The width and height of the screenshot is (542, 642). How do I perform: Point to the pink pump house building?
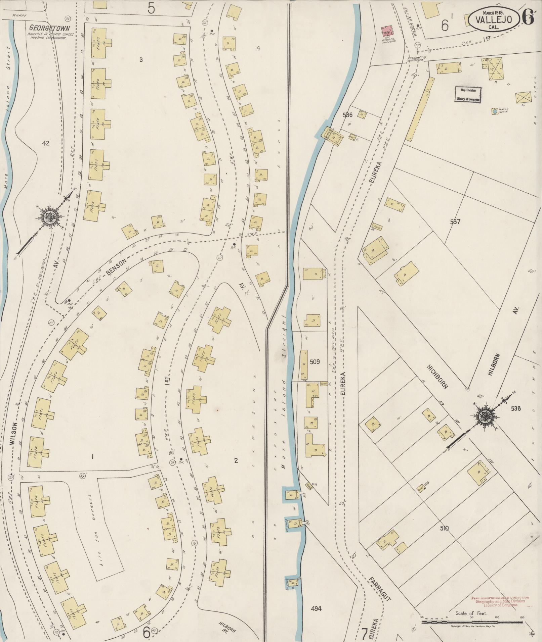tap(387, 31)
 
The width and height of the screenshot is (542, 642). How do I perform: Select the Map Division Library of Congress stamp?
tap(468, 95)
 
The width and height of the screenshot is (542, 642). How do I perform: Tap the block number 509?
tap(315, 362)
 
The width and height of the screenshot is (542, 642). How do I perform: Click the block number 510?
tap(444, 529)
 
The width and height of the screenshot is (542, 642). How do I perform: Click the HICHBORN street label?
tap(437, 376)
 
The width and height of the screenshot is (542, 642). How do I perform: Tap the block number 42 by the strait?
tap(46, 143)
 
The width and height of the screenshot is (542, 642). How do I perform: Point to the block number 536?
tap(347, 115)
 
